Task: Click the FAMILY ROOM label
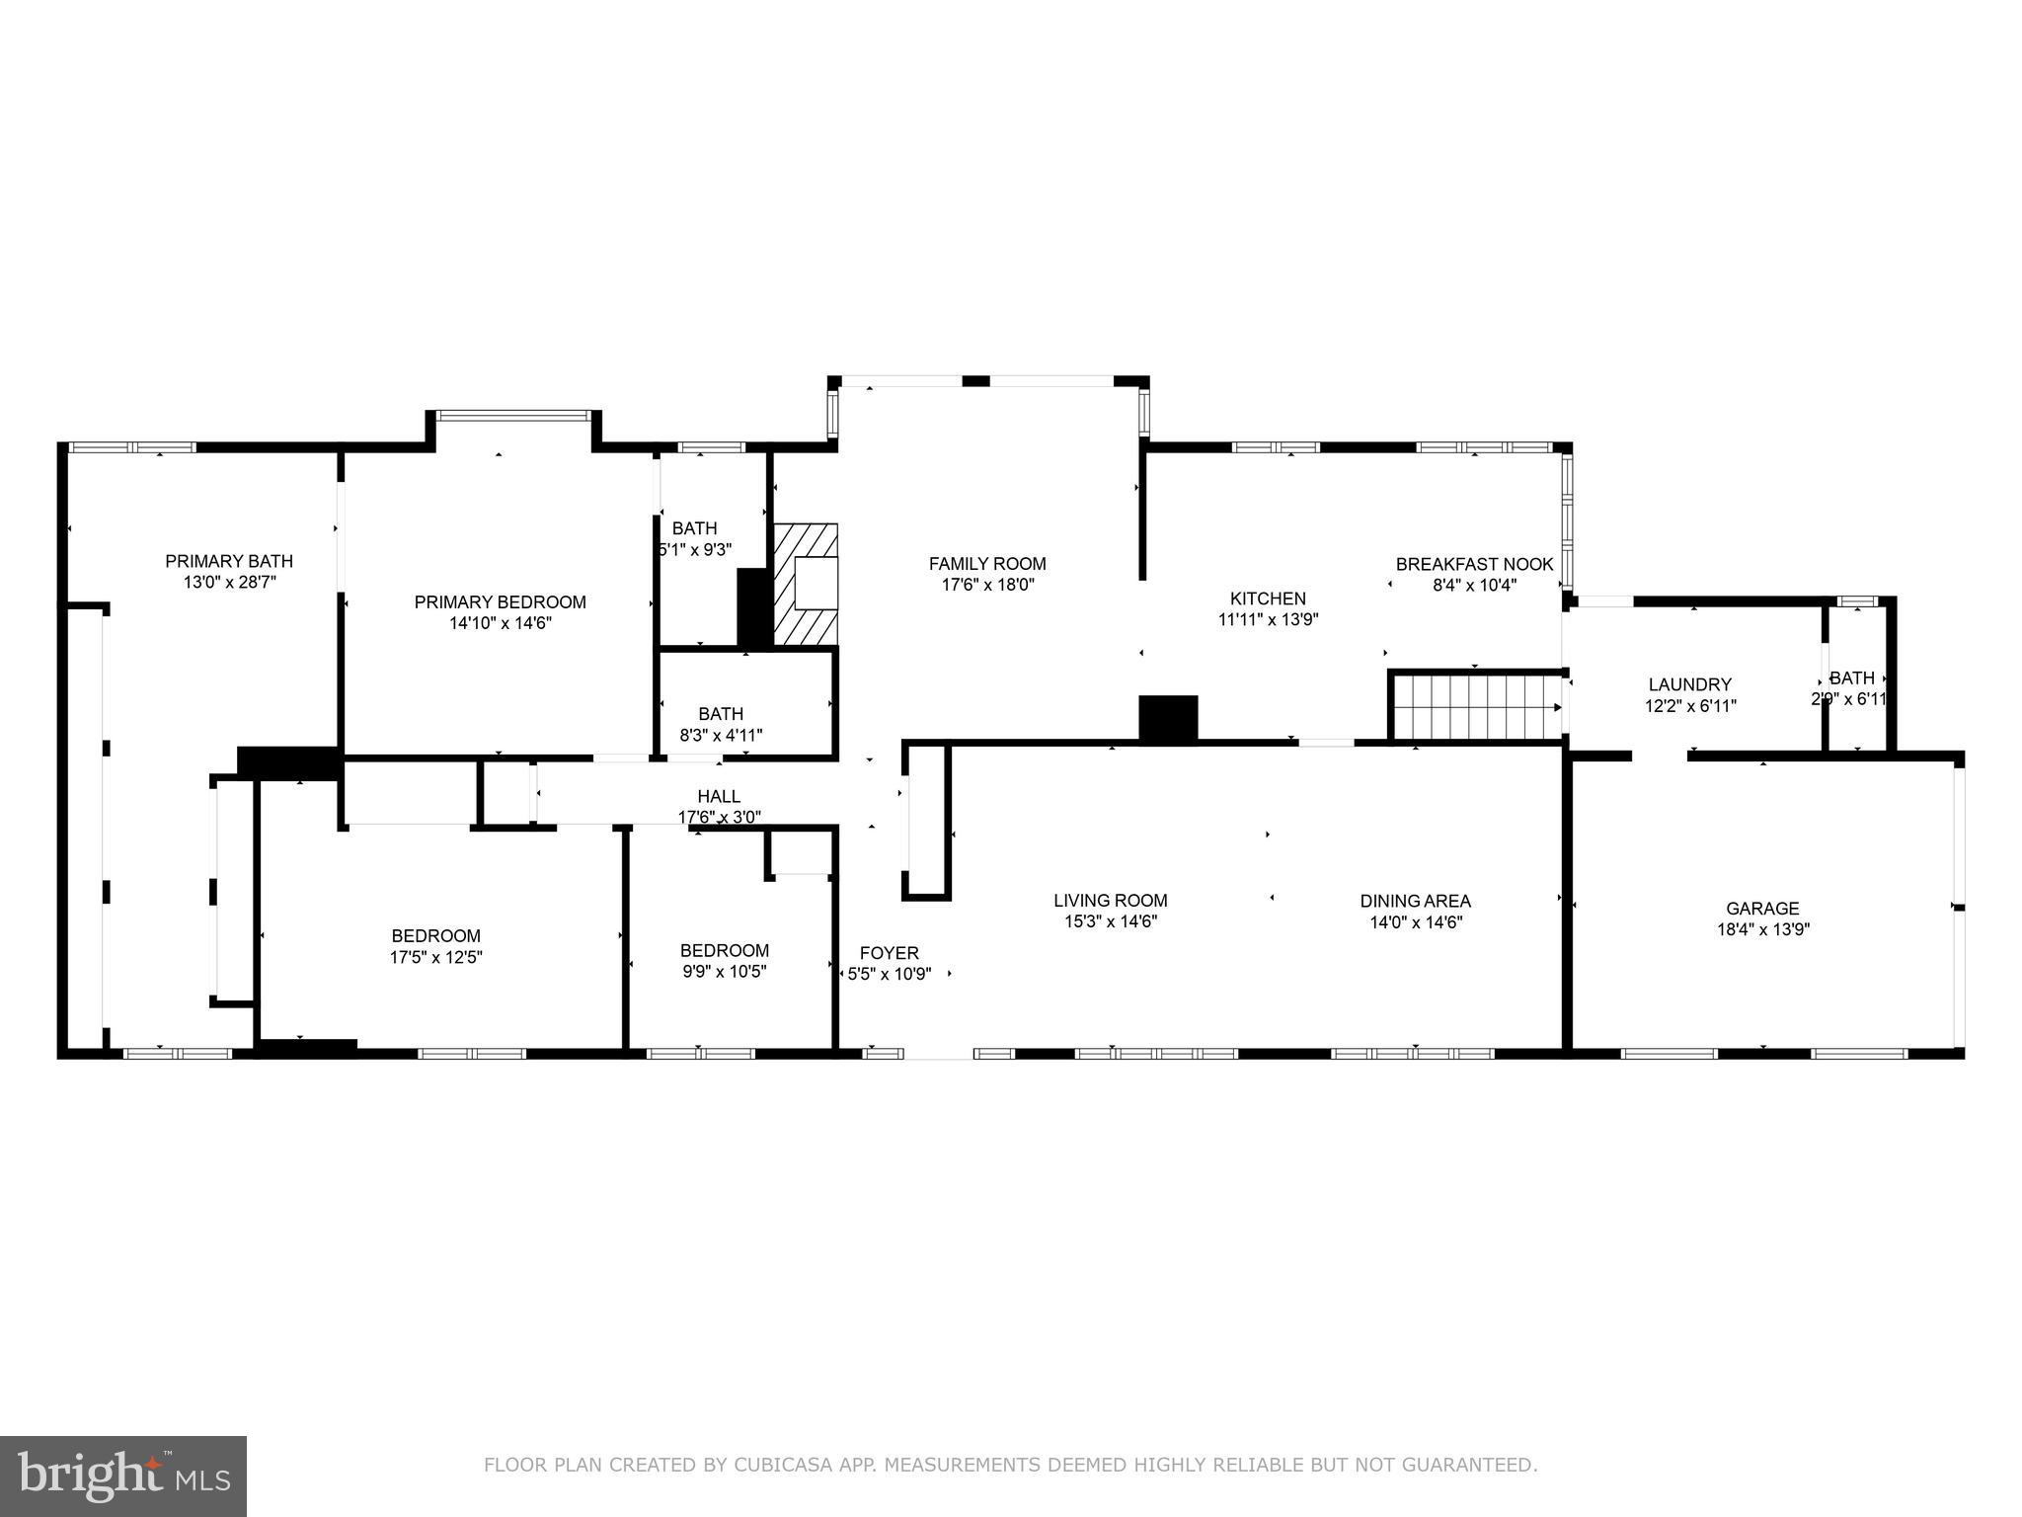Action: coord(986,564)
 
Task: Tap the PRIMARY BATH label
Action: coord(229,561)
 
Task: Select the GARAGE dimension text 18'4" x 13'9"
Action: coord(1762,929)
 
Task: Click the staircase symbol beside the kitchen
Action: coord(1476,705)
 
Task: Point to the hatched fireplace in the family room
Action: coord(806,586)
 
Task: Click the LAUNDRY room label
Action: coord(1689,684)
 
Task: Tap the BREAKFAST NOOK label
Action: coord(1474,564)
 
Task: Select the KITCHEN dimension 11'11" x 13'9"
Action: coord(1268,619)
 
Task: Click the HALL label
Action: coord(719,796)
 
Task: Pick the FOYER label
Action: coord(889,953)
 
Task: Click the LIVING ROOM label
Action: coord(1110,901)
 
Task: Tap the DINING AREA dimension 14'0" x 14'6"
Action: coord(1415,922)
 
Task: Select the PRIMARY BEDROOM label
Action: coord(500,602)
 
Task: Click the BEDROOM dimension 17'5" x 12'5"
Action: coord(435,957)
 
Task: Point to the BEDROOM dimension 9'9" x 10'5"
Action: coord(724,971)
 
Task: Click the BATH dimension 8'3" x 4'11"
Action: coord(721,735)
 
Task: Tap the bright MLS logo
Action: coord(123,1476)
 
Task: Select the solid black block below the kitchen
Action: coord(1168,718)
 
